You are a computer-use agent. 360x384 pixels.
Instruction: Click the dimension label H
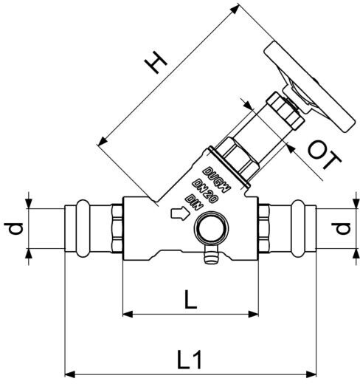click(x=156, y=63)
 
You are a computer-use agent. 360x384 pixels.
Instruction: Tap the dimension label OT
click(x=325, y=154)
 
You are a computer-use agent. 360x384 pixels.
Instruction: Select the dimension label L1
click(x=190, y=360)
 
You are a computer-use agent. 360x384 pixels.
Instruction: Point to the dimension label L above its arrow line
click(x=190, y=299)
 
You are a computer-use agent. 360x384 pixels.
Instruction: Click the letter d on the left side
click(x=14, y=228)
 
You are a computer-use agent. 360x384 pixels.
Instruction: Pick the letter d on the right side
click(x=341, y=228)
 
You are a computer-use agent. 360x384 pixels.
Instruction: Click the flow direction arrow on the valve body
click(x=180, y=213)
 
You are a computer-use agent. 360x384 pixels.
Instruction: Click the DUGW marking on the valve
click(x=218, y=180)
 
